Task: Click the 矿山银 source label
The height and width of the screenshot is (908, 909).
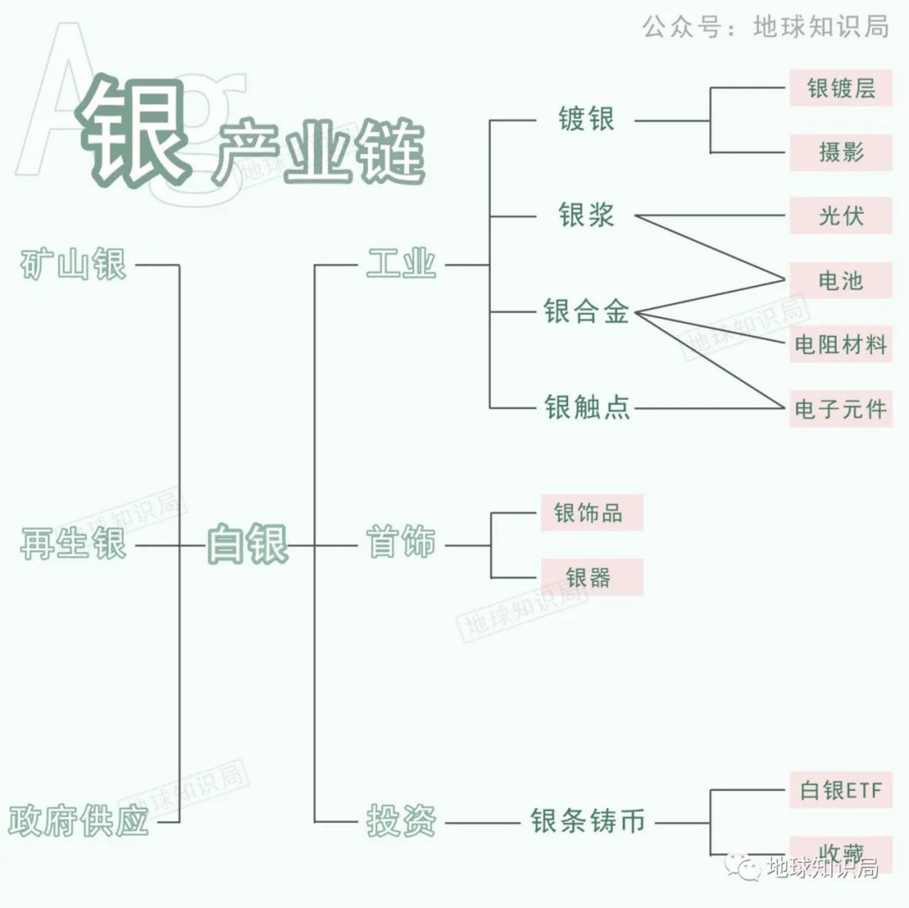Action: [73, 264]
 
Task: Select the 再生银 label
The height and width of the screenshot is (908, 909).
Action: [73, 544]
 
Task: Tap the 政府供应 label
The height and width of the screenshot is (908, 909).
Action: [79, 821]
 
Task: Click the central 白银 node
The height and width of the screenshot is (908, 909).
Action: [247, 544]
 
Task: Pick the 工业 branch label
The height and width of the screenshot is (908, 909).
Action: [401, 264]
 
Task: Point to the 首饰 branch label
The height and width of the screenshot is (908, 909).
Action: [401, 543]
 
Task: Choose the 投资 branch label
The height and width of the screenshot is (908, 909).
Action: [401, 822]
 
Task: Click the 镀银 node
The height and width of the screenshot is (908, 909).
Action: [586, 120]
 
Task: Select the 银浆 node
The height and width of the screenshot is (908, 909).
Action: [586, 215]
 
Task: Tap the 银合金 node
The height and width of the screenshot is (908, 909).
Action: [586, 312]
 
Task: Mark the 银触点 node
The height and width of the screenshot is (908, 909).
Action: [587, 408]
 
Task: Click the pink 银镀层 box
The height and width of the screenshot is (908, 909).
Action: [841, 88]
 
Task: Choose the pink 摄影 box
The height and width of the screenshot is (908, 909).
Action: [841, 153]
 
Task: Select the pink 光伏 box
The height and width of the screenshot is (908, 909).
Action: [841, 216]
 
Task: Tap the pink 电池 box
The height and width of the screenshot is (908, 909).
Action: [841, 281]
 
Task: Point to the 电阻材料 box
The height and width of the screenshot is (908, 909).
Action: [841, 344]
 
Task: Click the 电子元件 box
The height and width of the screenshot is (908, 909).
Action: [841, 409]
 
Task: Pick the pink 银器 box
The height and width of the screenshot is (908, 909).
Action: [592, 577]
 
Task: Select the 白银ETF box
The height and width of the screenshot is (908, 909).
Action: [841, 790]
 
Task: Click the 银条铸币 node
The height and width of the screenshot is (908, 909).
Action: [587, 822]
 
